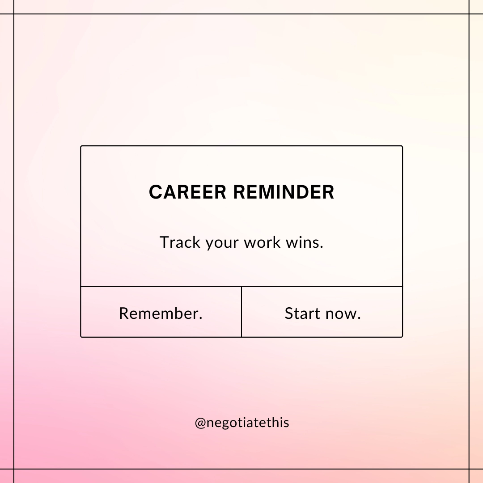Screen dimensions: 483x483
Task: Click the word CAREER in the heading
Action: pos(188,192)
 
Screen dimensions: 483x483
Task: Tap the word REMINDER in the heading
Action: pos(284,192)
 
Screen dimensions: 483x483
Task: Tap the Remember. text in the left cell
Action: pos(161,313)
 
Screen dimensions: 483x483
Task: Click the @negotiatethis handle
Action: pos(242,423)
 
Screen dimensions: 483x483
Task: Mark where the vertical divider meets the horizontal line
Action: pos(241,286)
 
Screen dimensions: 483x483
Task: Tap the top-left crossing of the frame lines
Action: pos(14,14)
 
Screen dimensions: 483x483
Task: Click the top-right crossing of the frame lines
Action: pos(469,14)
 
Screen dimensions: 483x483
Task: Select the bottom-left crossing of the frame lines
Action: pos(14,469)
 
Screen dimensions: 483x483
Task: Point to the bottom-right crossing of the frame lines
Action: pos(469,469)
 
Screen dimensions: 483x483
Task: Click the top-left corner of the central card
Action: pos(81,146)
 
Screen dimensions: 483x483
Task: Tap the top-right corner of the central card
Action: pos(402,146)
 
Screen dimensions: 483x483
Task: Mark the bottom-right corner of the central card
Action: pos(402,336)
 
